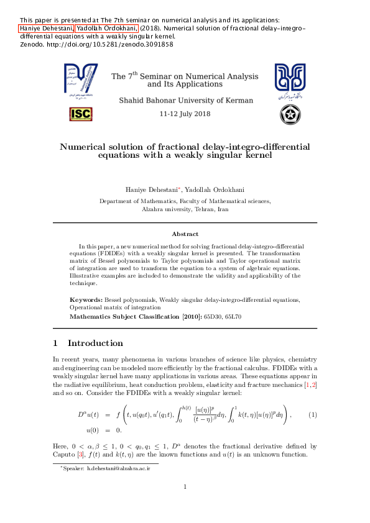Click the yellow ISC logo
(81, 114)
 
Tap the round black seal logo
(290, 114)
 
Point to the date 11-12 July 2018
(185, 114)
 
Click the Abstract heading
(185, 234)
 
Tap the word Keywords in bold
(86, 299)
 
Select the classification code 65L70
(233, 317)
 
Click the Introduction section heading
(95, 343)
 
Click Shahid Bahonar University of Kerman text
(185, 100)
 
